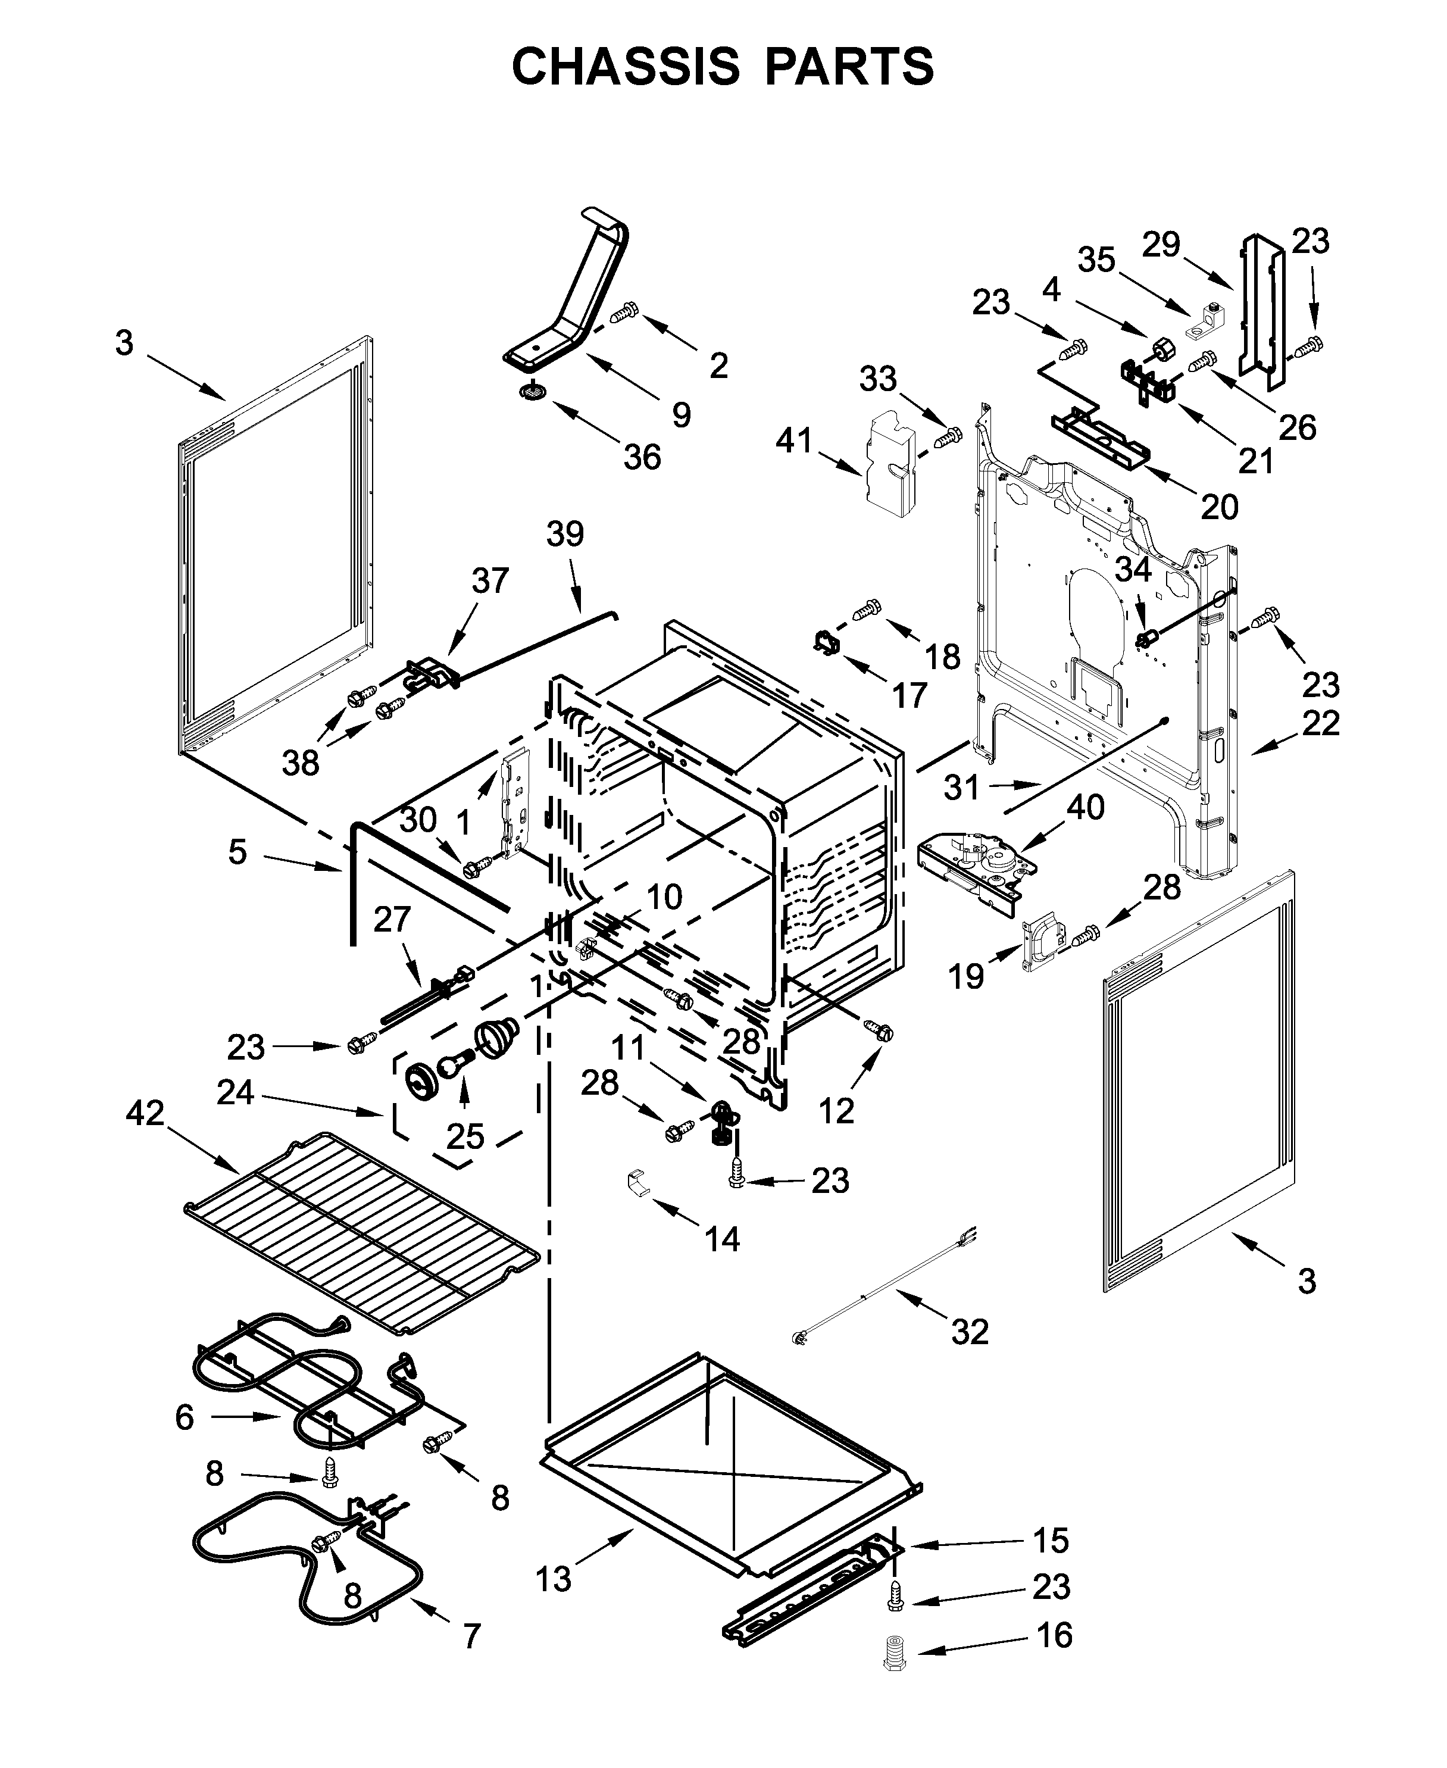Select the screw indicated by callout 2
(623, 314)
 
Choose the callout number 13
(554, 1579)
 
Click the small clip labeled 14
(637, 1183)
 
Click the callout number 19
(966, 976)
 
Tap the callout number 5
(237, 852)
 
